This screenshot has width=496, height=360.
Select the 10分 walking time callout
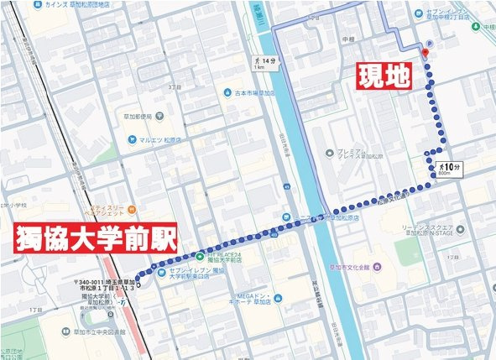pos(446,166)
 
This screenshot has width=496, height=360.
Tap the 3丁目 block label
pos(175,86)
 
